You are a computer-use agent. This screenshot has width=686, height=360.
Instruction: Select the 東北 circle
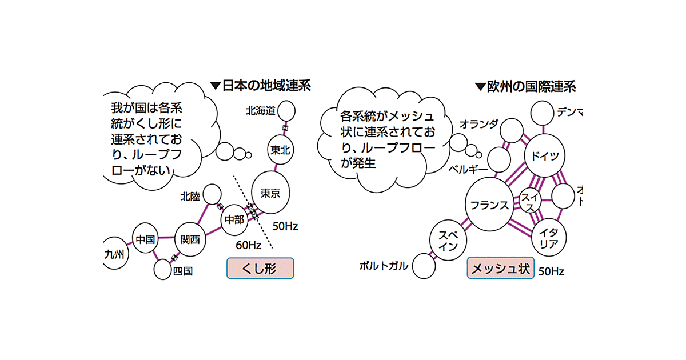[280, 150]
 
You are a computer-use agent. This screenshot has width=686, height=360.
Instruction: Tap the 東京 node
[270, 193]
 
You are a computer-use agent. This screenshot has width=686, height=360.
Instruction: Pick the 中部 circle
[234, 219]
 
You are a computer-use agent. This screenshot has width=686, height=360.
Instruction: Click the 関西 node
[190, 239]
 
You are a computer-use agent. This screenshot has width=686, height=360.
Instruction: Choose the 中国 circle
[146, 239]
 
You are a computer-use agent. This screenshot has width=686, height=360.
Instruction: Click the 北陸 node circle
[212, 194]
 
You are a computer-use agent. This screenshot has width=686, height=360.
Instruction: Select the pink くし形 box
[260, 268]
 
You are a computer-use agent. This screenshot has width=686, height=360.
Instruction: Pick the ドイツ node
[545, 156]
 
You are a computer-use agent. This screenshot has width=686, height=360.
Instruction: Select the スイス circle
[529, 201]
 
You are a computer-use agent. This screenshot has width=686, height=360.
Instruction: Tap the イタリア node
[549, 238]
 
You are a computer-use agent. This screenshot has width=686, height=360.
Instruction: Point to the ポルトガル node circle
[424, 266]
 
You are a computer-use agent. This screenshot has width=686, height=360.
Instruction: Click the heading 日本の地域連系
[261, 86]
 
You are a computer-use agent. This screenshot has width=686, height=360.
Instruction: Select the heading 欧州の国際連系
[525, 87]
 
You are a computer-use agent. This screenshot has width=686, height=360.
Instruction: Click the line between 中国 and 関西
[166, 238]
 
